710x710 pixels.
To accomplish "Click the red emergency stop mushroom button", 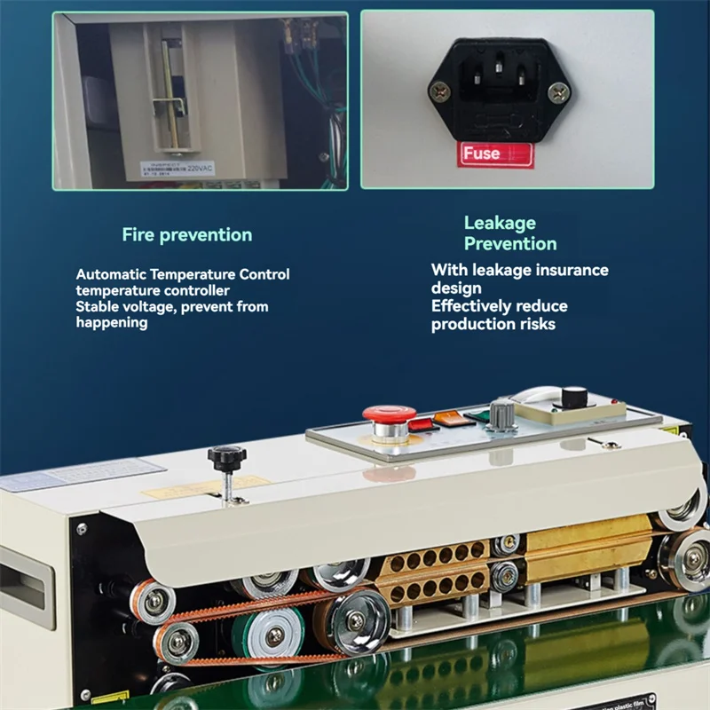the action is [x=389, y=414].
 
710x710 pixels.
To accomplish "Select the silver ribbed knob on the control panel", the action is [x=502, y=414].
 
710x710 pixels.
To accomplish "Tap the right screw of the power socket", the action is [x=558, y=90].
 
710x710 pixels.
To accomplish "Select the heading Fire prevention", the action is [x=187, y=235].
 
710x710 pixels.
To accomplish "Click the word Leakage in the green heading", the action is [x=500, y=223].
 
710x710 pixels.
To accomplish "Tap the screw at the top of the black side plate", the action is [x=82, y=529].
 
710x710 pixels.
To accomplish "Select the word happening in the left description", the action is [x=111, y=323].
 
